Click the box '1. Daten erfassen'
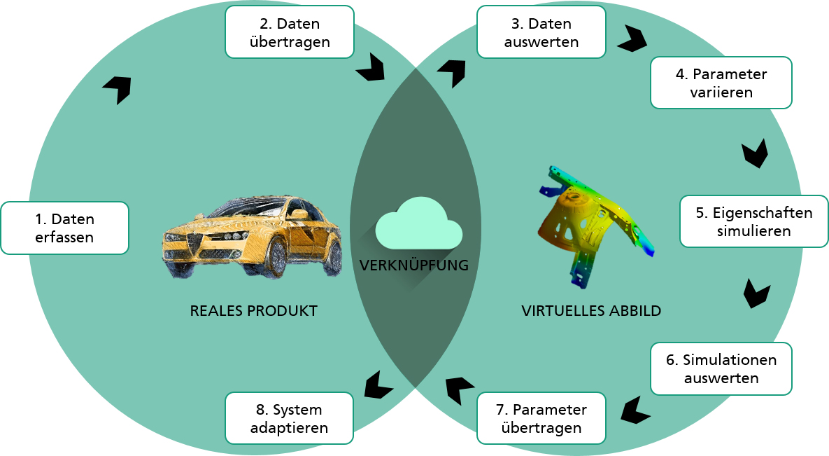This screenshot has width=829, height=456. tap(64, 228)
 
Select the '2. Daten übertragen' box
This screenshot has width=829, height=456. tap(289, 32)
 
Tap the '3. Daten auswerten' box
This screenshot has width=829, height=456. tap(541, 32)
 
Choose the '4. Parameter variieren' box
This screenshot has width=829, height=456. tap(721, 83)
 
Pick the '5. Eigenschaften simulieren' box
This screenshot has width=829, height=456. tap(754, 221)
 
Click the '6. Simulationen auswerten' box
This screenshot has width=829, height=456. tap(721, 368)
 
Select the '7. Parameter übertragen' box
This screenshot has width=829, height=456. tap(541, 418)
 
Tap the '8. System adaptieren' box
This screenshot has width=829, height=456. tap(289, 418)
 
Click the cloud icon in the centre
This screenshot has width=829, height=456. tap(419, 223)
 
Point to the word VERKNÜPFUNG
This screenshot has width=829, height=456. tap(414, 265)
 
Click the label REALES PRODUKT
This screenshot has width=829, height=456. tap(254, 311)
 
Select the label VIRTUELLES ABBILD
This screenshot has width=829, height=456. tap(591, 311)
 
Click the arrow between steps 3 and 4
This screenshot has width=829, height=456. tap(632, 39)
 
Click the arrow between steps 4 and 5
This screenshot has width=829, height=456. tap(755, 153)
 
